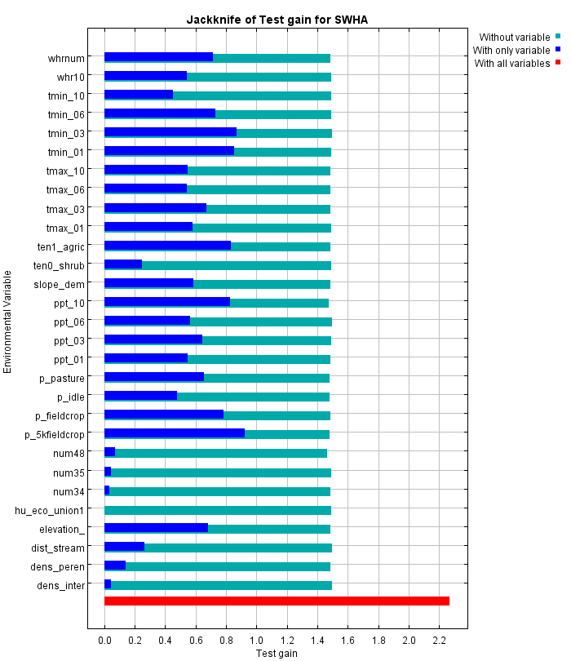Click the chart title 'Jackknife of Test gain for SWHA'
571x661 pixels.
click(x=277, y=20)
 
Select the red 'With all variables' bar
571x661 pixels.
click(x=277, y=601)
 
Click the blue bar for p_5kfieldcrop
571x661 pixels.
click(x=175, y=433)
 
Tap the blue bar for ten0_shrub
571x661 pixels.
click(x=123, y=264)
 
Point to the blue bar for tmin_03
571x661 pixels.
click(x=170, y=132)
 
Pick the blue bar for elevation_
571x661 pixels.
click(x=156, y=527)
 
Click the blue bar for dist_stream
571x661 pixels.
click(x=124, y=547)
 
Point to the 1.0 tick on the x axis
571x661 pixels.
click(x=257, y=641)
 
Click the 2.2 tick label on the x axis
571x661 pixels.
click(x=439, y=641)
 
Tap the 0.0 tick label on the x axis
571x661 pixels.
click(x=104, y=641)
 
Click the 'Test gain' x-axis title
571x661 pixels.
click(x=277, y=654)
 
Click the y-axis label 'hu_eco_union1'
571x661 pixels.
click(x=50, y=511)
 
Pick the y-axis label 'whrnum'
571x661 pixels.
click(x=66, y=58)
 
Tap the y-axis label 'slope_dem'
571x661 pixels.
click(x=59, y=284)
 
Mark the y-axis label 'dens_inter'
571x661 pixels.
click(x=60, y=585)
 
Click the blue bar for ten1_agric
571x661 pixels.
click(x=167, y=246)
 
